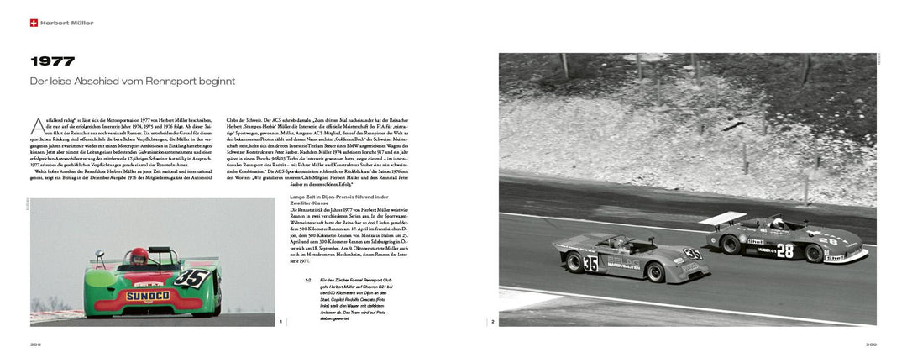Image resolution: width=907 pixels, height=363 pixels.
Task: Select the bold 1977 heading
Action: (52, 61)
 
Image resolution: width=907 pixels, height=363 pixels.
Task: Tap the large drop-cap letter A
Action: (36, 126)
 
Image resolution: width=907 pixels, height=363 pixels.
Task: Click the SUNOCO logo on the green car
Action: (148, 295)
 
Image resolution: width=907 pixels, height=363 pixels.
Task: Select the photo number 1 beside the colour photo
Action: (280, 320)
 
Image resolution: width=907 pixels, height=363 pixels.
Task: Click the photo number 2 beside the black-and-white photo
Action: (493, 320)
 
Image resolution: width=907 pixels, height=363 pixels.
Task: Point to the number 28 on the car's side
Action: (784, 250)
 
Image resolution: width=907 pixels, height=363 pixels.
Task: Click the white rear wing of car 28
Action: (722, 218)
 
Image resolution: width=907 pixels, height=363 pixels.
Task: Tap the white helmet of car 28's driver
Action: (777, 223)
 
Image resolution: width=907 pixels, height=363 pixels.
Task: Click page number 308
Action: (36, 344)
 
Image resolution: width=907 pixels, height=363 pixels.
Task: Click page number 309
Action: (871, 344)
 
